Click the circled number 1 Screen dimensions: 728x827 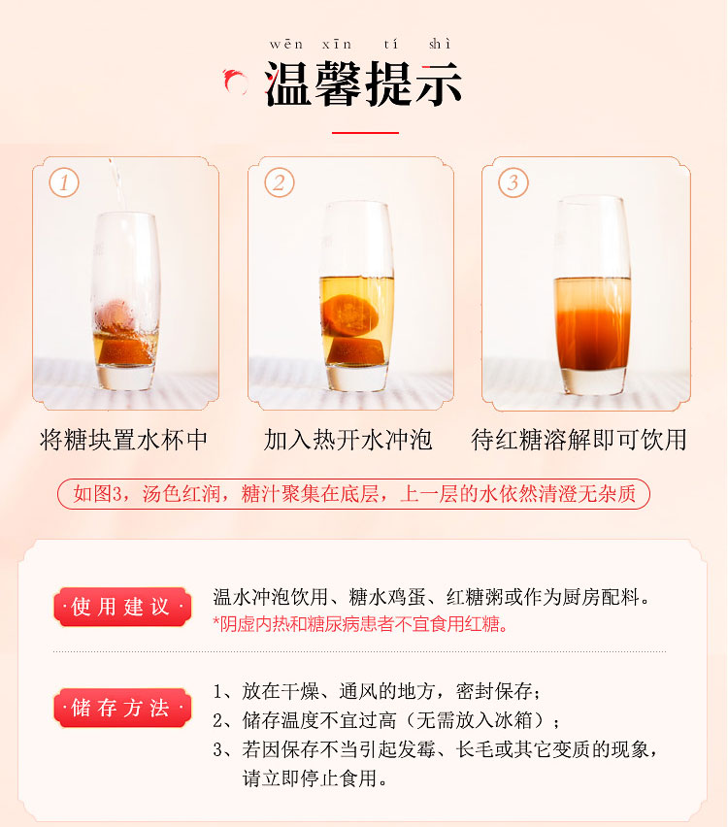[x=64, y=182]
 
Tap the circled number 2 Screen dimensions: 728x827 [x=280, y=182]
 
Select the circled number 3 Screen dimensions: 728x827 [x=513, y=182]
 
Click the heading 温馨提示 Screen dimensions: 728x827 [x=363, y=83]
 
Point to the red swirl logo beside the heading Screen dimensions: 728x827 [x=235, y=82]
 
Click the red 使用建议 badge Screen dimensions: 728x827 [x=122, y=607]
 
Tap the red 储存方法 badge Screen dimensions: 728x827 [x=122, y=708]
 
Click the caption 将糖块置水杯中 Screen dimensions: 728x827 [x=124, y=440]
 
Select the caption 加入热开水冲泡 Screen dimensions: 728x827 [x=347, y=440]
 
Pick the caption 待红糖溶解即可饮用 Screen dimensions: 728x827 [x=579, y=440]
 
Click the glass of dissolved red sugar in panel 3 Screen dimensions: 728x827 [x=592, y=295]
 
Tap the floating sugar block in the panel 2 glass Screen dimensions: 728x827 [x=349, y=315]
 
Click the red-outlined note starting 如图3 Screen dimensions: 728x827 [x=353, y=494]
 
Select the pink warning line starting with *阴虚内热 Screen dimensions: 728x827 [x=360, y=624]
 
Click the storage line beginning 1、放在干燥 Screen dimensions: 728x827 [x=377, y=691]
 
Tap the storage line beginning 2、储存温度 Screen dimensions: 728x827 [x=386, y=720]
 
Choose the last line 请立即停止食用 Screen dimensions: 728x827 [x=314, y=777]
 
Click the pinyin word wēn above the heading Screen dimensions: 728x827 [x=286, y=45]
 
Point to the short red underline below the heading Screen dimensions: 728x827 [x=365, y=133]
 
